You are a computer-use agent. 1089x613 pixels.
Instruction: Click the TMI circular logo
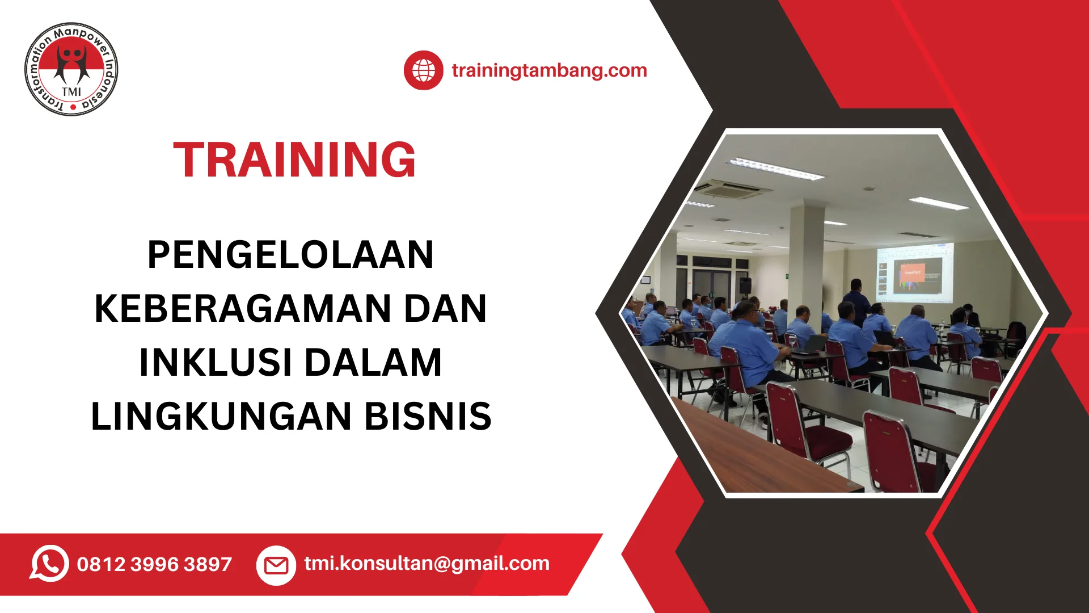click(71, 69)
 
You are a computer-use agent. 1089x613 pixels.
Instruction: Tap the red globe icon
click(423, 70)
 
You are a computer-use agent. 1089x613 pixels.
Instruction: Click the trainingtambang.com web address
click(549, 70)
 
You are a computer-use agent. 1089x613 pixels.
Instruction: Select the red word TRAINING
click(294, 159)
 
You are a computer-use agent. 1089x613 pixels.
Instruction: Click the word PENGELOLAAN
click(290, 254)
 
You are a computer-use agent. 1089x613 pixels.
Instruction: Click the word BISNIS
click(428, 416)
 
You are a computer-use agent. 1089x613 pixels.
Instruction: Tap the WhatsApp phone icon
click(49, 564)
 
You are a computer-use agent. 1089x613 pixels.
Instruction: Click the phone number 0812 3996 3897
click(154, 564)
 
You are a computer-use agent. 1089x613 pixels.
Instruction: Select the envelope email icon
click(276, 565)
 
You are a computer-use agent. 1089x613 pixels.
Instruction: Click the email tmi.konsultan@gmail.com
click(427, 564)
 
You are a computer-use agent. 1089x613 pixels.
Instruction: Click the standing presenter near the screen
click(856, 301)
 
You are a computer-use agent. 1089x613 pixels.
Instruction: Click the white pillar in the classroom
click(806, 261)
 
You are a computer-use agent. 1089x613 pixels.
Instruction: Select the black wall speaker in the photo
click(745, 285)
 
